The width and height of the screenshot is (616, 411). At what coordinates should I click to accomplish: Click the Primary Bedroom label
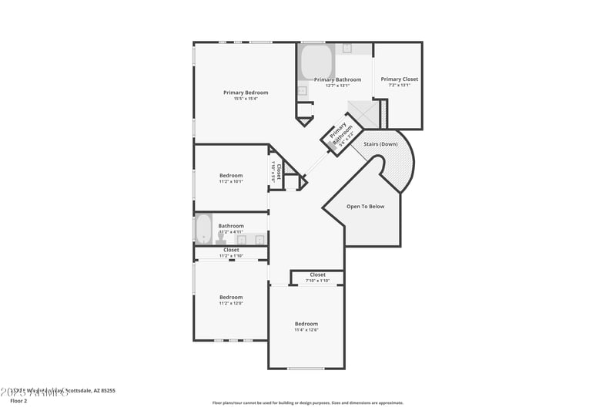pos(246,93)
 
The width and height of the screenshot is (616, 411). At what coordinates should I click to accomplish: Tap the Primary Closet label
pos(399,79)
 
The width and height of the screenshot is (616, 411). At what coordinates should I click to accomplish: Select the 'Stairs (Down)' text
pos(380,144)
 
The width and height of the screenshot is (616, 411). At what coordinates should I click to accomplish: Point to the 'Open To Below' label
pos(365,206)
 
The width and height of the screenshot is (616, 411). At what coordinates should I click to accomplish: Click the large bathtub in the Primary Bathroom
pos(315,62)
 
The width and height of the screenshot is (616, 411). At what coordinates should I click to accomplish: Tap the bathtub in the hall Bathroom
pos(203,229)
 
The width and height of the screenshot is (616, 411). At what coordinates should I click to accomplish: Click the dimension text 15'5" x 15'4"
pos(246,99)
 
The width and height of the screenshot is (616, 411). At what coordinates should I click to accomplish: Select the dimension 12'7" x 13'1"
pos(337,86)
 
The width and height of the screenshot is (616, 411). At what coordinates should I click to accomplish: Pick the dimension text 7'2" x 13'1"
pos(399,85)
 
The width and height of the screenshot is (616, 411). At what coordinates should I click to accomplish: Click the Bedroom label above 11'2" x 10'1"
pos(231,175)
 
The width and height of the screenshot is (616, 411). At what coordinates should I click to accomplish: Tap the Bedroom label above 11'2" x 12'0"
pos(231,297)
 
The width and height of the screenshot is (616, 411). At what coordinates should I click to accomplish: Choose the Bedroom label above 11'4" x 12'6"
pos(306,323)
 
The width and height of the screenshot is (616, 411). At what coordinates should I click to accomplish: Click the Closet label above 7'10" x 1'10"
pos(317,275)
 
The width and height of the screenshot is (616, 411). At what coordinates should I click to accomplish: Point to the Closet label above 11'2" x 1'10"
pos(231,250)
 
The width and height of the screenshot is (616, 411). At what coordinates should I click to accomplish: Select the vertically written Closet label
pos(279,170)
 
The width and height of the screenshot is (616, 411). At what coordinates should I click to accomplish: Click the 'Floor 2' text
pos(19,401)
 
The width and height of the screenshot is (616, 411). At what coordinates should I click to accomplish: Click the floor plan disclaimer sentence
pos(307,403)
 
